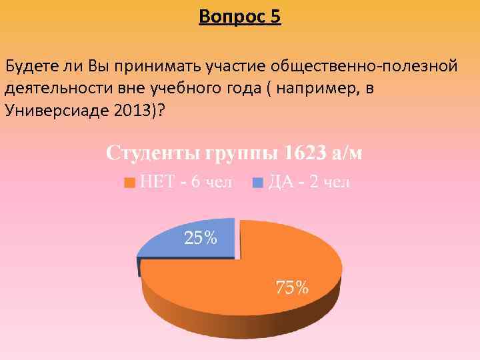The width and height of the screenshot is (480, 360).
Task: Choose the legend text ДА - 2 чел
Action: click(x=309, y=182)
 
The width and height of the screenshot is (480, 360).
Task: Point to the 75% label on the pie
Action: click(x=293, y=287)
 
